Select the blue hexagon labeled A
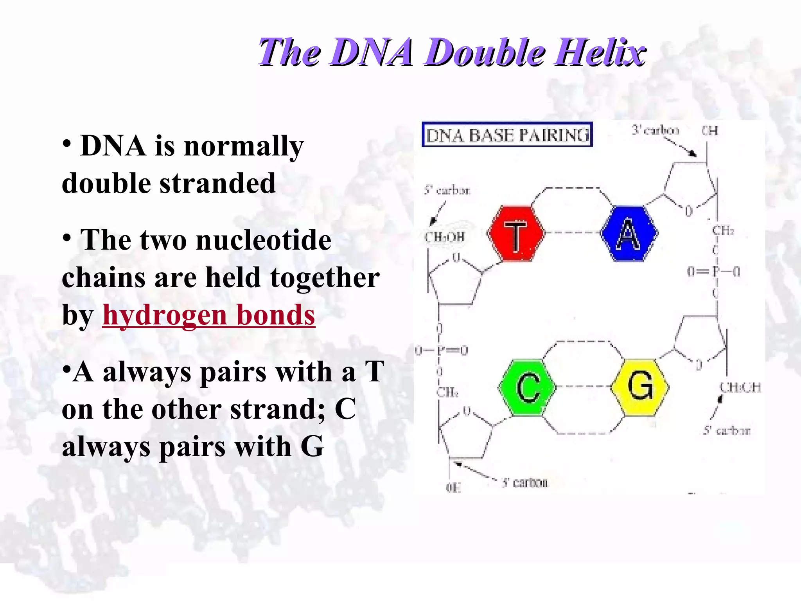(x=629, y=234)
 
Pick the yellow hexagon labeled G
(x=640, y=387)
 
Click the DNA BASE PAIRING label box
(x=507, y=135)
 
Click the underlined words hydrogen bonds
(x=208, y=315)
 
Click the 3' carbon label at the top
(x=655, y=130)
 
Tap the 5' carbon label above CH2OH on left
(x=447, y=191)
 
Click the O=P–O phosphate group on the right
(x=713, y=272)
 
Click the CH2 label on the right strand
(x=723, y=230)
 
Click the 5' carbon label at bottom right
(x=727, y=431)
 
